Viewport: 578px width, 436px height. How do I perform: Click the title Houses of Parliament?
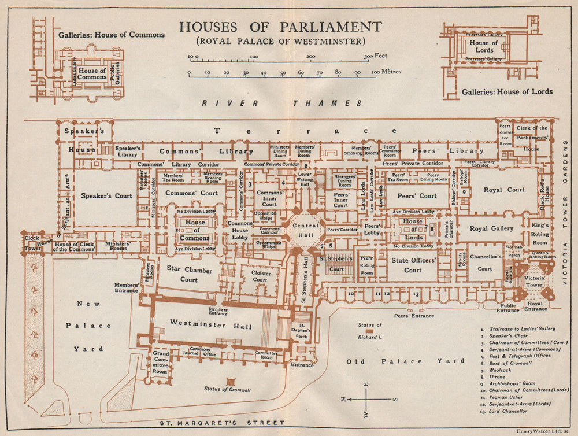[280, 27]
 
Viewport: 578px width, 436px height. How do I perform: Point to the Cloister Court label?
[260, 276]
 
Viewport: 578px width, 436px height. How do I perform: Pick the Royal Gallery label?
[491, 228]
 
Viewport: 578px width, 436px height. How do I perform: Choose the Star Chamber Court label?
[182, 274]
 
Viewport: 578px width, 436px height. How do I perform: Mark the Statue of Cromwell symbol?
[230, 382]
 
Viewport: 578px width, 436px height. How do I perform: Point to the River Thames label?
[281, 103]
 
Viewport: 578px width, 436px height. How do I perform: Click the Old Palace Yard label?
[405, 361]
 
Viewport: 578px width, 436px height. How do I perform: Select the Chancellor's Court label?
[484, 264]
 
